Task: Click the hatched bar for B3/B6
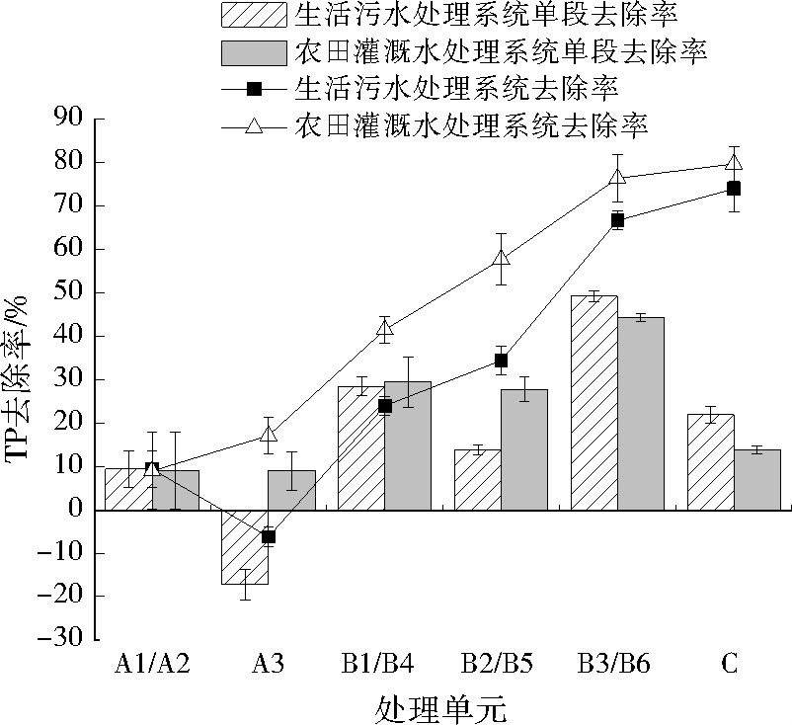click(594, 402)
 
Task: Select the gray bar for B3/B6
click(641, 413)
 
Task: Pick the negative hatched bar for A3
click(245, 546)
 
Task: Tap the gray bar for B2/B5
click(524, 449)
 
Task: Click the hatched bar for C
click(709, 461)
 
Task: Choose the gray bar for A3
click(292, 490)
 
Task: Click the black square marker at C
click(734, 189)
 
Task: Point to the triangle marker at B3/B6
click(617, 179)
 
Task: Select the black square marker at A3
click(269, 536)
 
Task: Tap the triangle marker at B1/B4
click(385, 329)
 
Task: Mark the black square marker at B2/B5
click(501, 361)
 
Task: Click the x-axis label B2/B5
click(500, 664)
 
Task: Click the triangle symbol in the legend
click(254, 126)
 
